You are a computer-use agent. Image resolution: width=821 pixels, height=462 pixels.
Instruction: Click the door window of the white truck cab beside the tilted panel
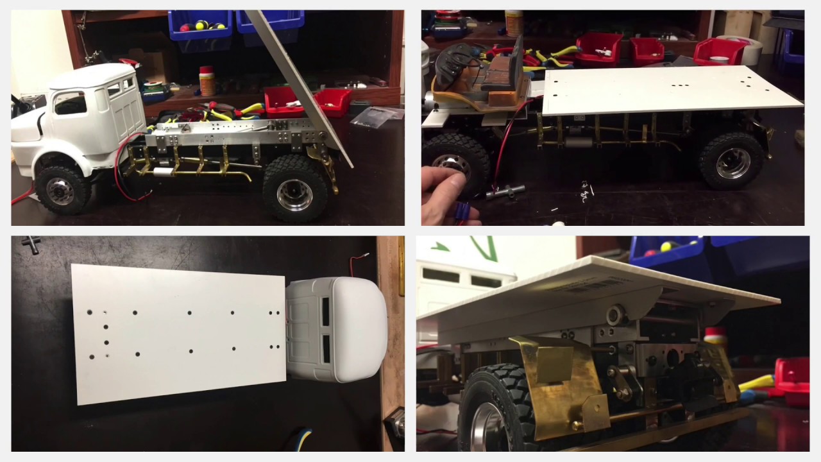[x=70, y=103]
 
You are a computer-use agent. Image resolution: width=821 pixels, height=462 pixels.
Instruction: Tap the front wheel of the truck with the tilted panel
[x=60, y=189]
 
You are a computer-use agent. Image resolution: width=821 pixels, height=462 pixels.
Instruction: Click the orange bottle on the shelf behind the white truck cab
[x=207, y=81]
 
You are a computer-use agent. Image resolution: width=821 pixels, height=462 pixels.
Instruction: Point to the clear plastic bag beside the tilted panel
[x=378, y=115]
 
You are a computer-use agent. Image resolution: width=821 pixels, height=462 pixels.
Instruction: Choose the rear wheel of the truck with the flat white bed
[x=731, y=161]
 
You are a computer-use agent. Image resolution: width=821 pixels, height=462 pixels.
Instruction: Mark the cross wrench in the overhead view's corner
[x=30, y=244]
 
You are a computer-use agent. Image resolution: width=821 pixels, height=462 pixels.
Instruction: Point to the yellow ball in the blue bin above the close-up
[x=666, y=246]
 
